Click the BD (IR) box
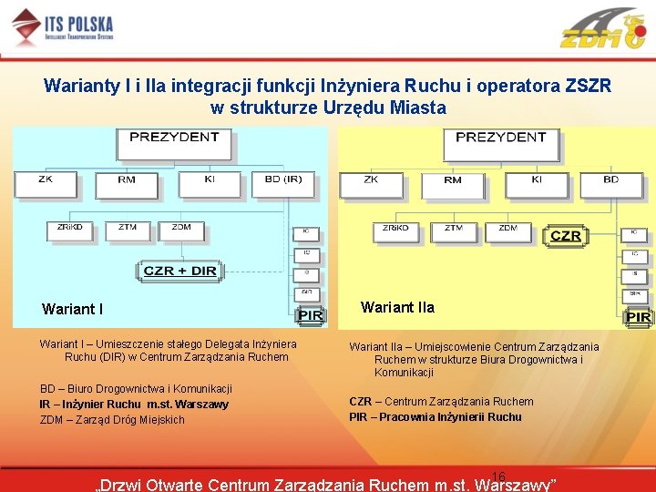282,183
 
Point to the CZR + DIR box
179,271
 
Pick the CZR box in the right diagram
566,235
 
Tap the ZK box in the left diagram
46,183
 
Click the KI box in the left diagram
210,183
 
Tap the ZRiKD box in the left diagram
70,230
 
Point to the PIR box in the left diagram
311,315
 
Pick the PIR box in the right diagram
638,316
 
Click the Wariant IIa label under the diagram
397,307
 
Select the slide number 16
498,477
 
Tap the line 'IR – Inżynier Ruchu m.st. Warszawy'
134,405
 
